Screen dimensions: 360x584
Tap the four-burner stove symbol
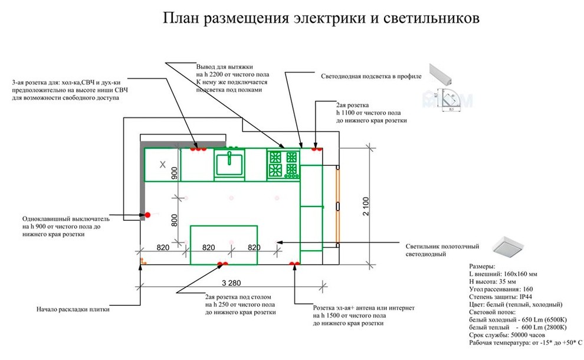(283, 164)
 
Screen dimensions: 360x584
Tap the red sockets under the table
(223, 264)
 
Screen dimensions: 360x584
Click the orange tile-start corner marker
(142, 260)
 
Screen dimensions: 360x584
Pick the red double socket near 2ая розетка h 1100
(316, 148)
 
